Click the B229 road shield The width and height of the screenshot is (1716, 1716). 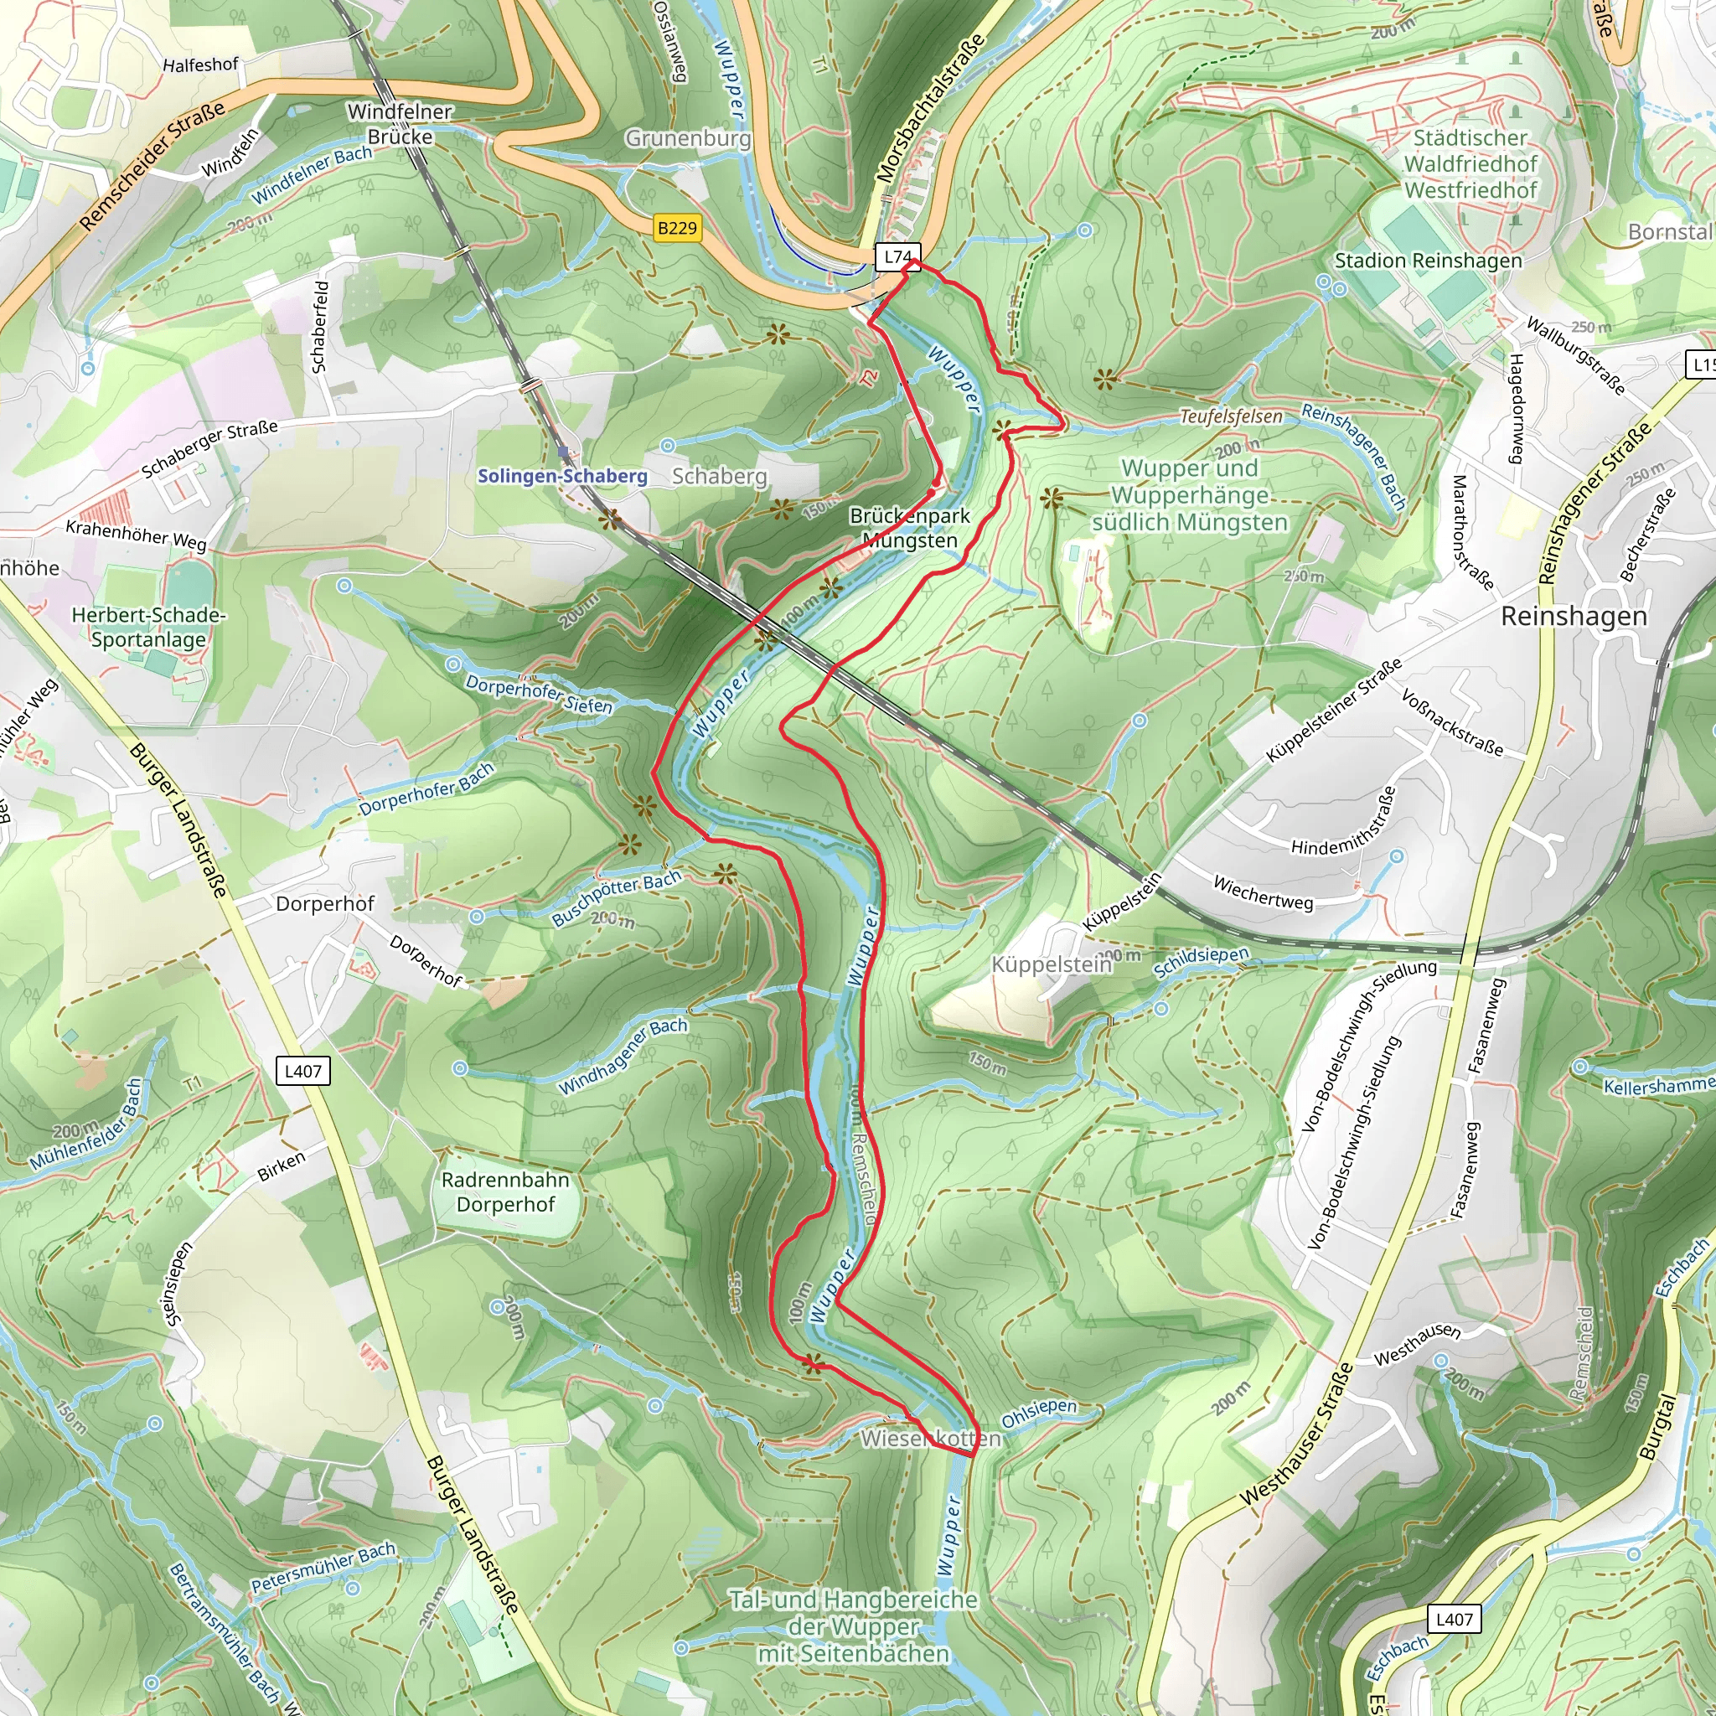677,228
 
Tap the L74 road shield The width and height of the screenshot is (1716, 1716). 897,256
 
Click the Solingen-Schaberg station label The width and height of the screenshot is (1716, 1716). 562,476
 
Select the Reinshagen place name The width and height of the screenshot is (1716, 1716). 1574,617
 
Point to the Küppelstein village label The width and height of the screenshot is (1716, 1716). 1051,964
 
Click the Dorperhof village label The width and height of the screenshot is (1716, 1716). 325,903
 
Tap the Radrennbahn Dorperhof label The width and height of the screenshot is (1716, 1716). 505,1192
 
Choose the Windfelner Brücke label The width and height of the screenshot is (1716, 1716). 400,124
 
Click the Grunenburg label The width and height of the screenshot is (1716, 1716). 687,138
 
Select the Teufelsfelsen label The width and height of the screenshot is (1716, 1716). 1230,416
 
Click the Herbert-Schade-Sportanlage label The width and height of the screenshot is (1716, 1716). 148,627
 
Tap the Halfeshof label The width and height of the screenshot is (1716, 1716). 201,65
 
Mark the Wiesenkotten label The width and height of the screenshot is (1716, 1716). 930,1438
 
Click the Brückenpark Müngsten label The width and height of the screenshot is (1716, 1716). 909,528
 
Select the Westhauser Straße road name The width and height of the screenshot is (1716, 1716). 1298,1434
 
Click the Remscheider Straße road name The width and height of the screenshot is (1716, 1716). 152,166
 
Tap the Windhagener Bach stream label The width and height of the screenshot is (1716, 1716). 623,1056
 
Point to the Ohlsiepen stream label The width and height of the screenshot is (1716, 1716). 1038,1414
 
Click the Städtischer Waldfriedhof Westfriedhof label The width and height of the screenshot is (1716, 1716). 1470,164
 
